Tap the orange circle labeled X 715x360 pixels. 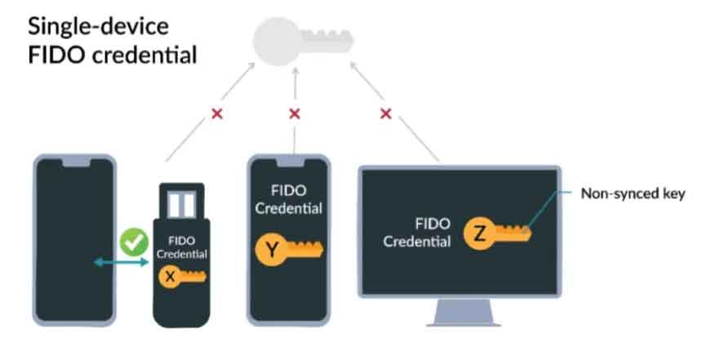coord(170,277)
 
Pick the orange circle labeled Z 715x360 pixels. coord(479,233)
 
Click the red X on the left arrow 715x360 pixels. coord(217,114)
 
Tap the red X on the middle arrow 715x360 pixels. coord(295,114)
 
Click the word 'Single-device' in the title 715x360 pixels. coord(99,26)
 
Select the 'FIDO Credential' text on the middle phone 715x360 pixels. coord(290,199)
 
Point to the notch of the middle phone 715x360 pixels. coord(290,163)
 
